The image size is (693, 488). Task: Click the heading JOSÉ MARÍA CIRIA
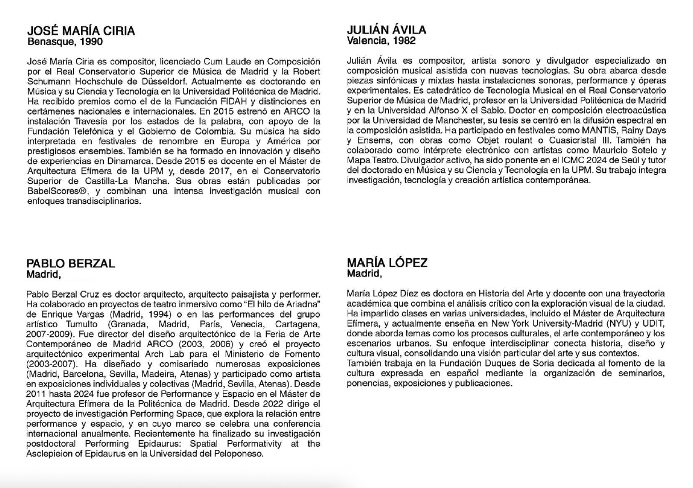[81, 31]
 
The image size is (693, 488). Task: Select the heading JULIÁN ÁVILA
[386, 30]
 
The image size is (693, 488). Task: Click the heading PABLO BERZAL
[71, 263]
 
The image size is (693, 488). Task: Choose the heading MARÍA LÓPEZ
[387, 263]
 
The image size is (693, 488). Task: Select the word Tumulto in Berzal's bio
[71, 324]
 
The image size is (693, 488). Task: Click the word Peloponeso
[239, 454]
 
